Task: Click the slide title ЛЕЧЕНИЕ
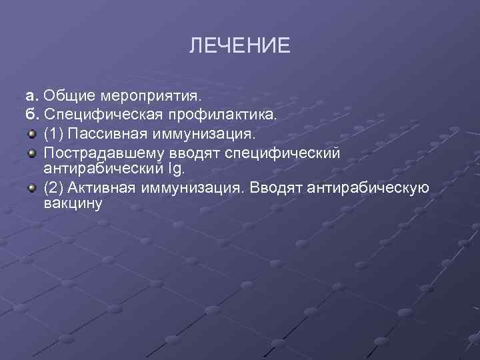point(240,45)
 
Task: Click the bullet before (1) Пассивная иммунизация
point(31,134)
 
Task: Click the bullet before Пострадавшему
point(31,153)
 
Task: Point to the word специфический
point(283,153)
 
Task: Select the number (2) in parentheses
point(54,187)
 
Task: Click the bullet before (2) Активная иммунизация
point(31,187)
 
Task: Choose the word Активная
point(101,187)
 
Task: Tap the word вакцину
point(73,203)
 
